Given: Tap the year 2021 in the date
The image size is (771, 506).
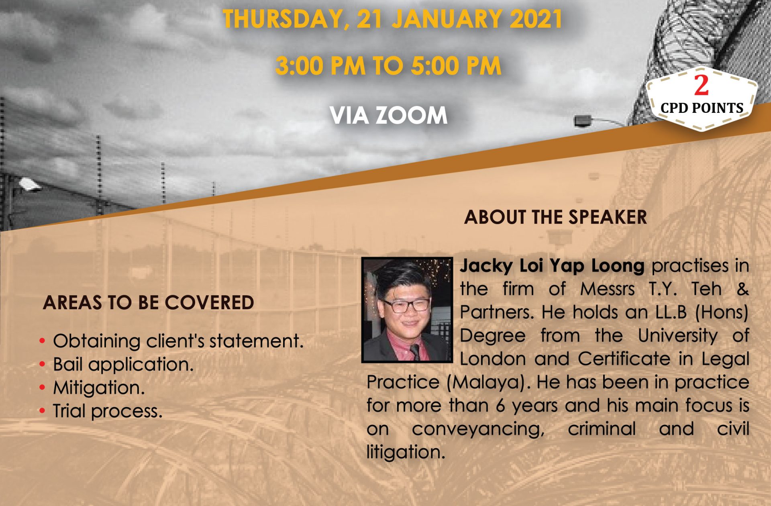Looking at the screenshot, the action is [x=536, y=18].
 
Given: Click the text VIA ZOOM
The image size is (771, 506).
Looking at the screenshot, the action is [x=388, y=116].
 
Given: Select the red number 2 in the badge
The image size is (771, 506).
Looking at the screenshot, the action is [x=701, y=86].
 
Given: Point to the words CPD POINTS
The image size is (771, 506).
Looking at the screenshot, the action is [x=702, y=108].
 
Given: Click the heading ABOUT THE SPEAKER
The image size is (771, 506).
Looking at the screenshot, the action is [x=555, y=217].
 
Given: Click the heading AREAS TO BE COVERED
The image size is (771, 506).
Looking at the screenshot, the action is [x=149, y=303].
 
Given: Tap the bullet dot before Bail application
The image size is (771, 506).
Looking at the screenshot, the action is [x=43, y=365].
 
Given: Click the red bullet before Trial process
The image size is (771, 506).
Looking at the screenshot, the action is [x=43, y=411].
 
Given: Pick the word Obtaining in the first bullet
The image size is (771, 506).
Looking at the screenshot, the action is [x=97, y=341].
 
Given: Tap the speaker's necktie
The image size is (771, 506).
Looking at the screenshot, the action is [x=416, y=351].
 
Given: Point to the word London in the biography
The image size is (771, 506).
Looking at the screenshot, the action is [x=493, y=359].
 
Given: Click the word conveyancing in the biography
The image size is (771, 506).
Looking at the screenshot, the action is [x=478, y=429].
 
